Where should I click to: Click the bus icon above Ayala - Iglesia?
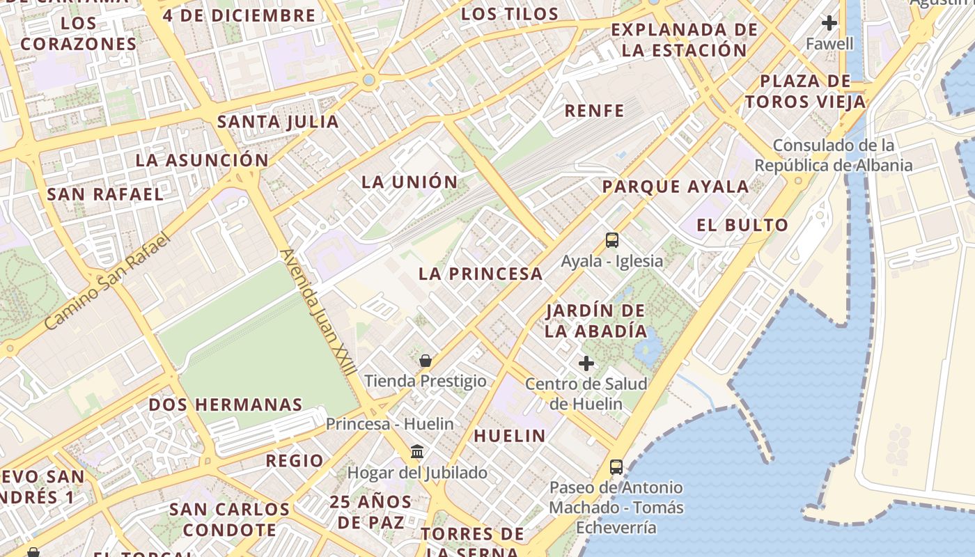(x=611, y=240)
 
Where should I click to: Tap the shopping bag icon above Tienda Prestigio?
(x=426, y=361)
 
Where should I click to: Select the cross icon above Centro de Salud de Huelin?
(x=586, y=363)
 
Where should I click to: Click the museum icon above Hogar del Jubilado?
(x=417, y=452)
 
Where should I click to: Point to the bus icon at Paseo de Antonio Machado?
(x=616, y=466)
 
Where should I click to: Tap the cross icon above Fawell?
(x=829, y=23)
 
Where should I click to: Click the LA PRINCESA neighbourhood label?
(x=481, y=274)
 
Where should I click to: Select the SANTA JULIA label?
(x=278, y=122)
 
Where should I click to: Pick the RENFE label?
(x=594, y=110)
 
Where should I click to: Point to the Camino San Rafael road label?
(x=107, y=282)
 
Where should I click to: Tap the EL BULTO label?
(x=742, y=225)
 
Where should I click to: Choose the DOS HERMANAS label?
(x=226, y=405)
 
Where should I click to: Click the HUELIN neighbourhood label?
(x=510, y=436)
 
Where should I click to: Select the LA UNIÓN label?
(x=409, y=182)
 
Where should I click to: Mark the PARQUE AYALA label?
(x=676, y=187)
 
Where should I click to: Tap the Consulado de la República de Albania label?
(x=834, y=155)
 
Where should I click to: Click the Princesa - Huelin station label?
(x=389, y=423)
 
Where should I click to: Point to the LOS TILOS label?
(x=510, y=14)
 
